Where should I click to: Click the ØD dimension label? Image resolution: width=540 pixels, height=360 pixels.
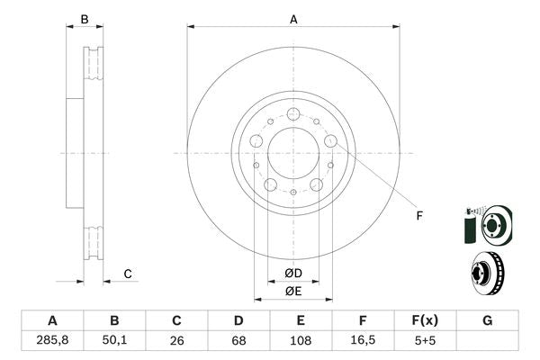(293, 273)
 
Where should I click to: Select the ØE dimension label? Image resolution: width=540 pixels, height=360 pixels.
(293, 290)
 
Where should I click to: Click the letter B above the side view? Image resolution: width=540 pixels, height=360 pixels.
(85, 18)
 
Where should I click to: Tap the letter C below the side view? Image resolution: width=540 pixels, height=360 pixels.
(128, 274)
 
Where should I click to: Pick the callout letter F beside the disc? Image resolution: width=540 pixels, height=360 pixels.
(418, 214)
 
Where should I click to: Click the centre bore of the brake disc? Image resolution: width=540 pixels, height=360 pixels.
(293, 152)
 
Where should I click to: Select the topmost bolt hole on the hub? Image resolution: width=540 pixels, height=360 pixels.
(293, 114)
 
